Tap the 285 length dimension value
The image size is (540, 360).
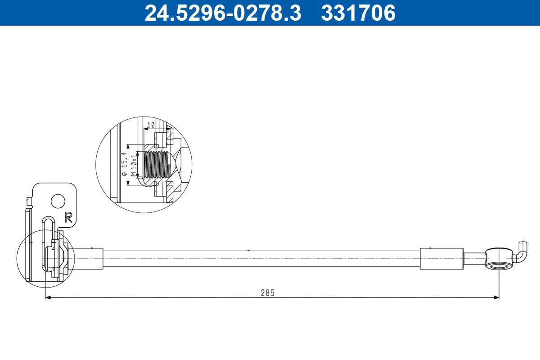267,292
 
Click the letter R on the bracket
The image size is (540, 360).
68,217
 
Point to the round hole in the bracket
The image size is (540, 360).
58,201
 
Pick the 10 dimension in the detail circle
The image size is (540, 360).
151,125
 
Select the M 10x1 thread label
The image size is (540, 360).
133,165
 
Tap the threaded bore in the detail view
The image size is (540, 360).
156,164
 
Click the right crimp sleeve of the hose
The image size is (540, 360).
441,259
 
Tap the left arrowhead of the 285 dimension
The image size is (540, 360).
48,297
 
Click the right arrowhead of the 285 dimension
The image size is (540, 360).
497,297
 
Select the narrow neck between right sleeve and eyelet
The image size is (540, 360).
474,259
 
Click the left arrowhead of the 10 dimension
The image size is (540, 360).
145,129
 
